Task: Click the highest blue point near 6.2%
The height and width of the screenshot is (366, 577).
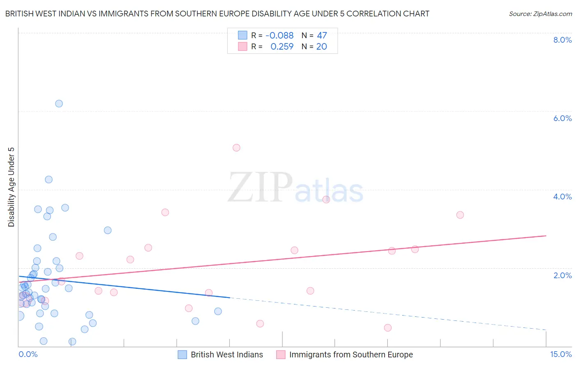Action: coord(59,104)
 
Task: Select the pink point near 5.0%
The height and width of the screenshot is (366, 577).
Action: coord(236,148)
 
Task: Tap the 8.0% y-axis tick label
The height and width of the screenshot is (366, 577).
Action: coord(562,40)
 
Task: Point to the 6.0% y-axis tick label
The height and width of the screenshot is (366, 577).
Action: coord(562,118)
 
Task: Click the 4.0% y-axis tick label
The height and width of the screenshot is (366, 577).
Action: coord(562,197)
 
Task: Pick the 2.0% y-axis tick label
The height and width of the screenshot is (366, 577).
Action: coord(562,275)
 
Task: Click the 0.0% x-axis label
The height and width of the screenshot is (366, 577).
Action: coord(28,355)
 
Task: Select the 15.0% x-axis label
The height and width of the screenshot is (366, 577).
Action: coord(561,355)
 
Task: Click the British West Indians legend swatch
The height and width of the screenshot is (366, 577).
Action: coord(183,355)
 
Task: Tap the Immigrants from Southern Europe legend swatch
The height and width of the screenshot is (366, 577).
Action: coord(281,355)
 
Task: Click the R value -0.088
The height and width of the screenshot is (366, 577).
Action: coord(279,36)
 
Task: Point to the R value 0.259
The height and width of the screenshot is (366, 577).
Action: coord(282,47)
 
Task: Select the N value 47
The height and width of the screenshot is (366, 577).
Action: coord(322,36)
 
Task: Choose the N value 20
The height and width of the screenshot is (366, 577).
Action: coord(321,47)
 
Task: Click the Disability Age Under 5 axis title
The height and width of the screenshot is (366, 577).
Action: coord(11,187)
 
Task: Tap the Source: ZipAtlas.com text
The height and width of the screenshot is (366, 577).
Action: coord(540,14)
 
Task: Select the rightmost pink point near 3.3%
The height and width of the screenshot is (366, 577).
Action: coord(460,215)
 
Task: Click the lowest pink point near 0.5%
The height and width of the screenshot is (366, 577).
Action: coord(388,328)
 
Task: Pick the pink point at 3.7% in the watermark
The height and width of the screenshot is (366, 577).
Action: coord(326,200)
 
